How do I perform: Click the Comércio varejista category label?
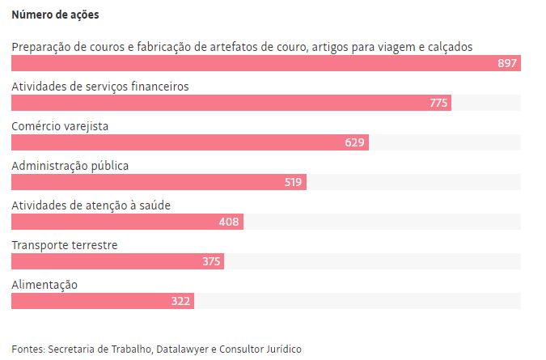(60, 126)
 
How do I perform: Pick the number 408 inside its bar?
(230, 222)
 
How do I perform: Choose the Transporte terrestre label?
(65, 245)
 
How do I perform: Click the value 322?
(180, 301)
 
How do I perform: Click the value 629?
(355, 142)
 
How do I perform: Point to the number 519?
(293, 182)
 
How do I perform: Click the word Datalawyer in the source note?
(183, 349)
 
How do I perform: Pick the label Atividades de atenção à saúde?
(91, 205)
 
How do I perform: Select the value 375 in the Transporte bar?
(211, 261)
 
